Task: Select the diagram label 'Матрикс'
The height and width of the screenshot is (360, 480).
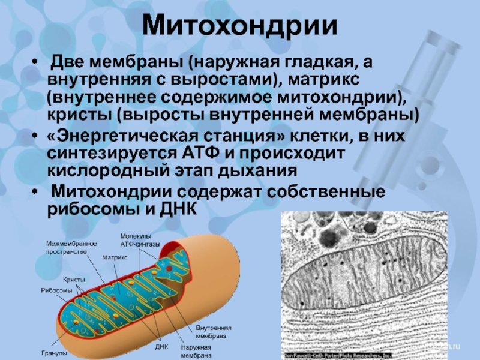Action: click(115, 257)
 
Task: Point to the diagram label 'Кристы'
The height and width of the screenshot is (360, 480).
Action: click(74, 280)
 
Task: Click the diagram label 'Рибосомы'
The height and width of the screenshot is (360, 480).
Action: click(58, 289)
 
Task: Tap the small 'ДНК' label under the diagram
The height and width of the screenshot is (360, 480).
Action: click(162, 346)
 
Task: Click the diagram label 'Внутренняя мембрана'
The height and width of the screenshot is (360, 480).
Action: click(211, 332)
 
